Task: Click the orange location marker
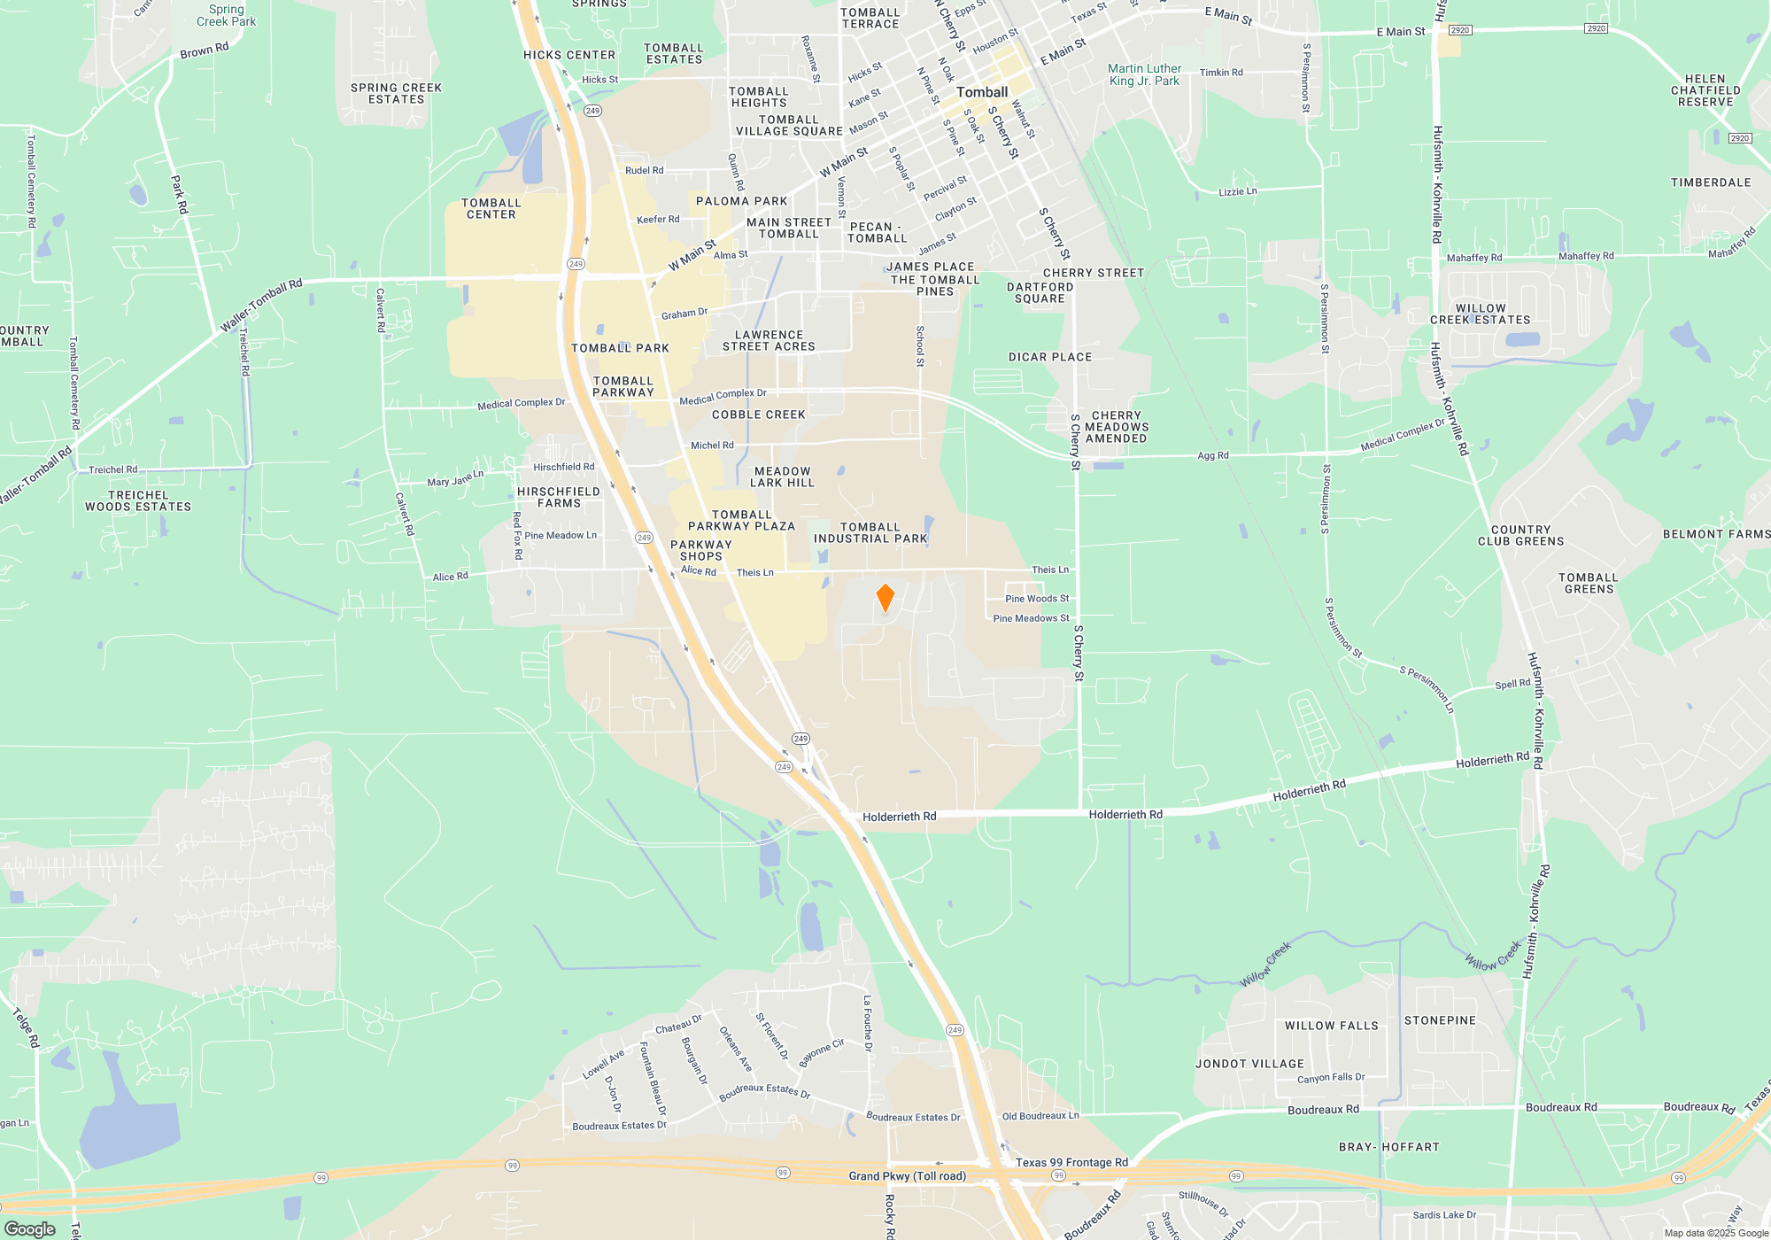885,598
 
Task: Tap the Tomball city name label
981,92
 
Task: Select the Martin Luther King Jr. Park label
1144,74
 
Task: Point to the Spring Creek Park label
226,15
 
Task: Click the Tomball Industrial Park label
870,532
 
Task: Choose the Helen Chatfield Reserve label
1705,90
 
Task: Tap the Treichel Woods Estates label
138,501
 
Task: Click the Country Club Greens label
1520,536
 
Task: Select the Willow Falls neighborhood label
1332,1026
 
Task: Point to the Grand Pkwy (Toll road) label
907,1176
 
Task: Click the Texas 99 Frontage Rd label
1071,1162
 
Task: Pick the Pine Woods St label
1037,599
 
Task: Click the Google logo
30,1229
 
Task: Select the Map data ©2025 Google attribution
1716,1233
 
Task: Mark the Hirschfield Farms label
559,498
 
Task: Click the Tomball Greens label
1589,583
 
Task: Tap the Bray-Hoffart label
1389,1147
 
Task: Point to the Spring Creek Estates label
396,93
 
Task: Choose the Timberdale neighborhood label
1711,182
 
